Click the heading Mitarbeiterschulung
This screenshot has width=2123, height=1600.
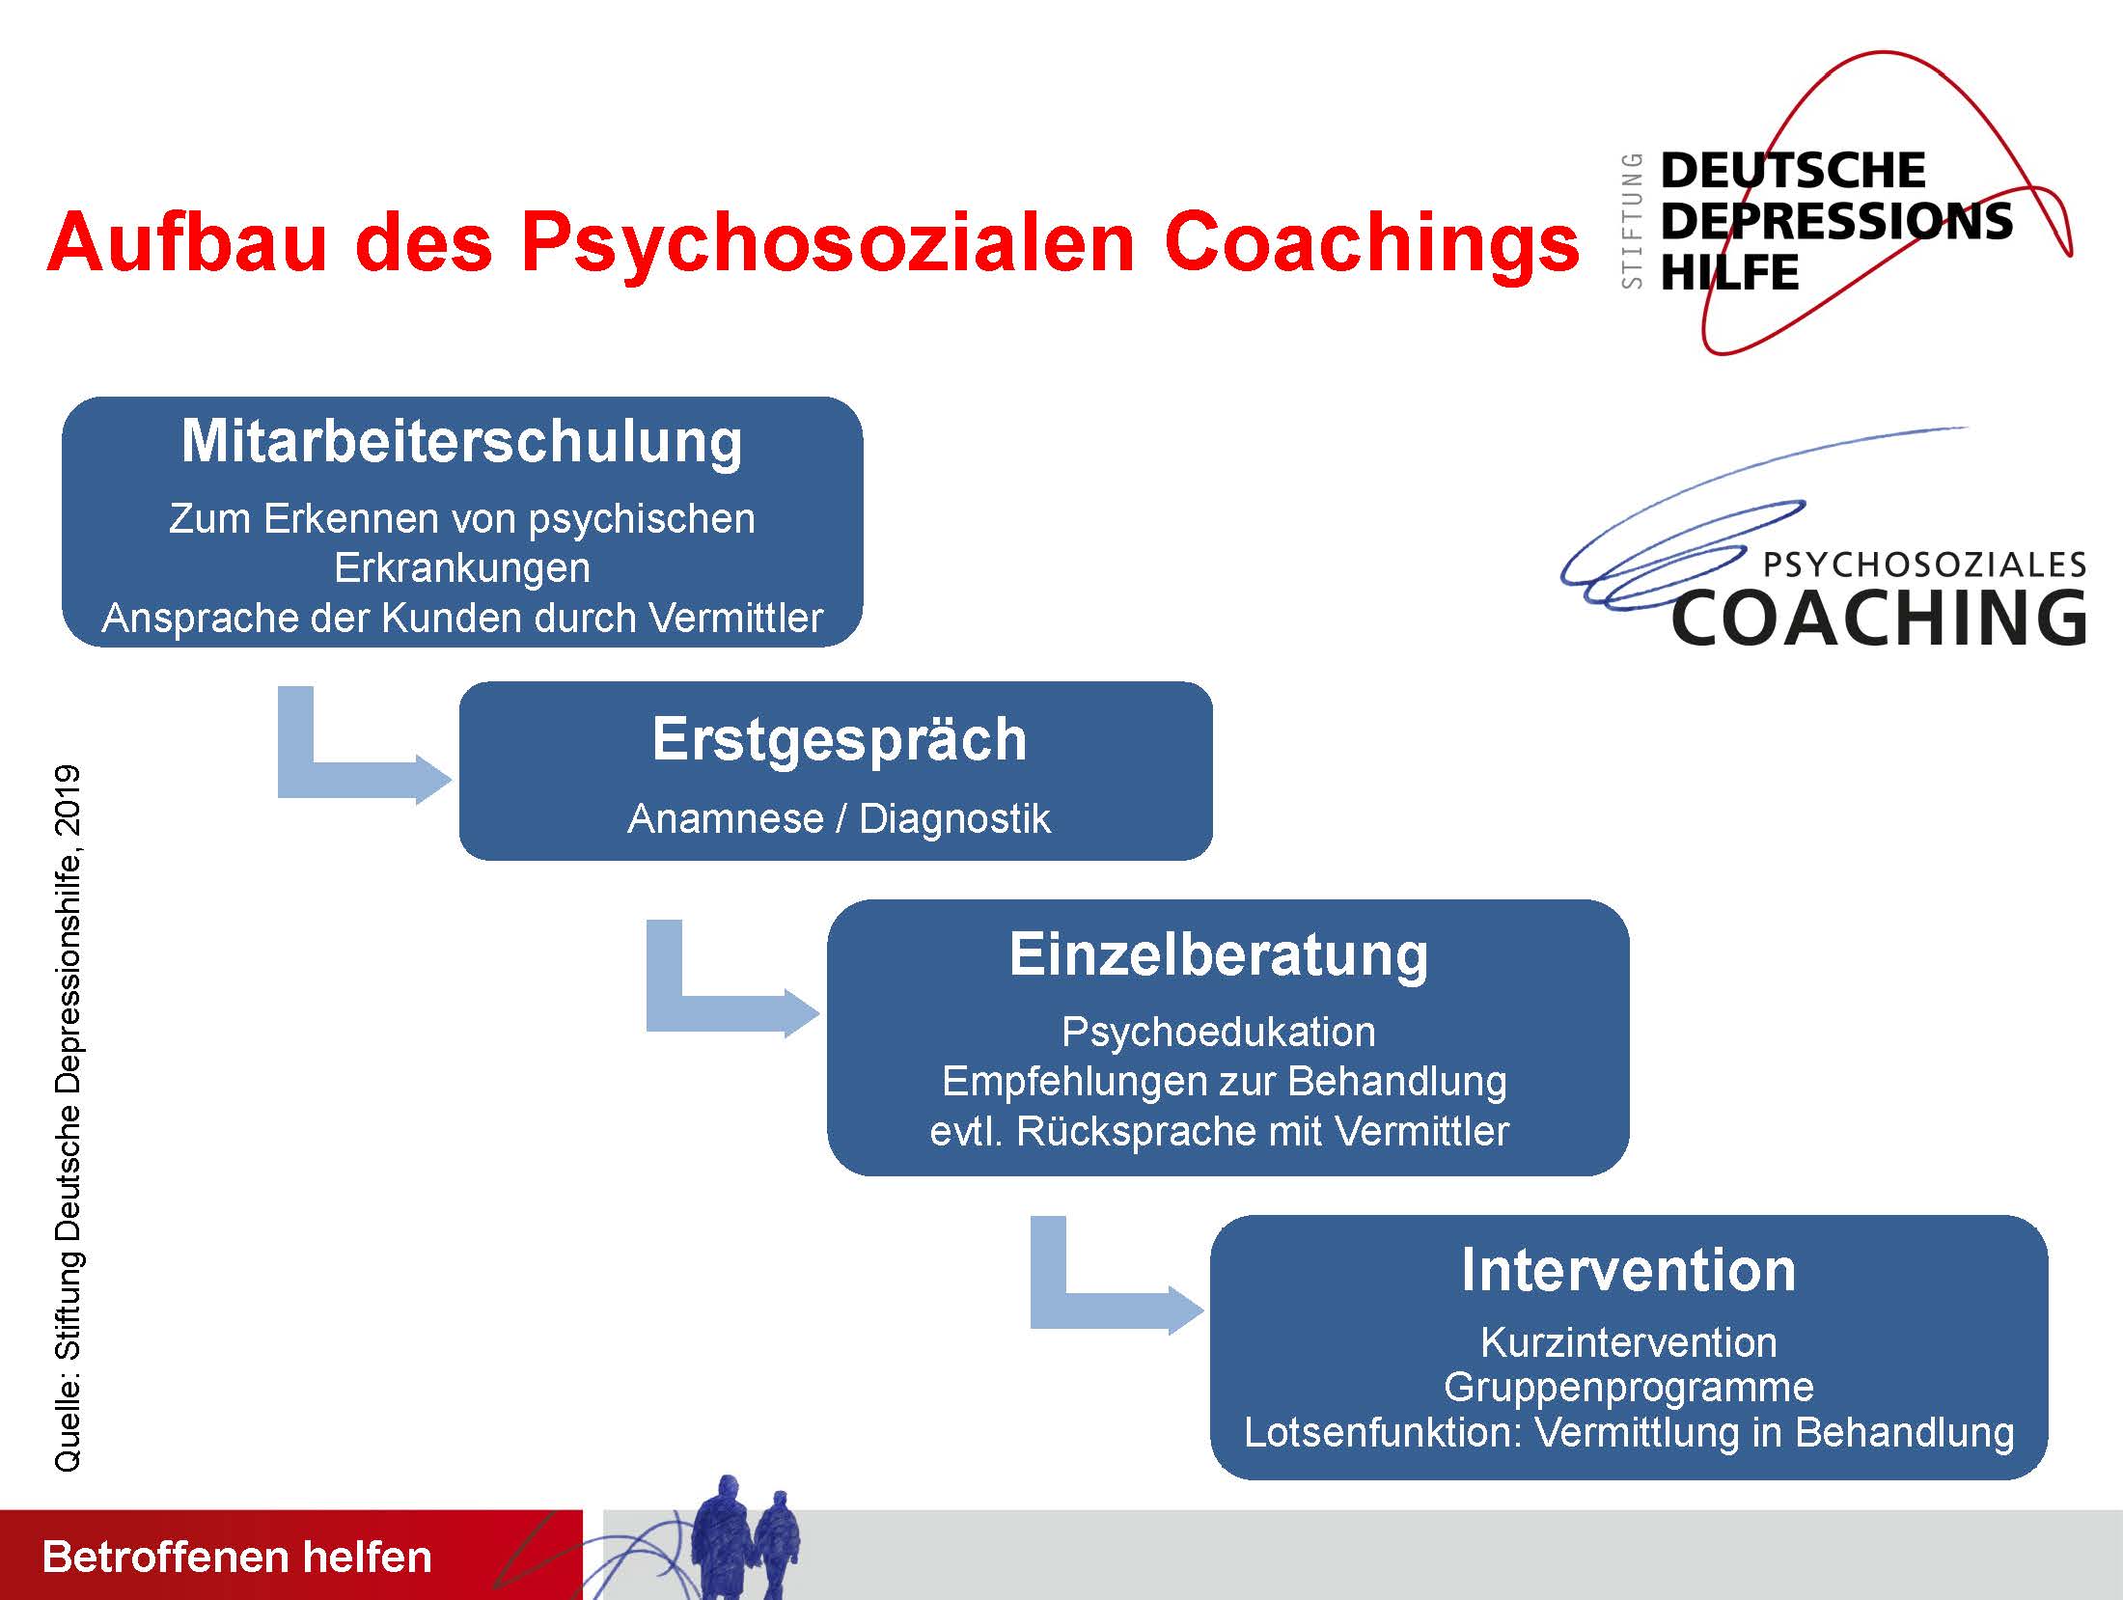pyautogui.click(x=462, y=442)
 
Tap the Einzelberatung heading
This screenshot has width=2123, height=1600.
pyautogui.click(x=1219, y=956)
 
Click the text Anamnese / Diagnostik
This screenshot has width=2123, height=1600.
pyautogui.click(x=839, y=818)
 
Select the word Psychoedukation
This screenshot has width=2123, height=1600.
pyautogui.click(x=1219, y=1033)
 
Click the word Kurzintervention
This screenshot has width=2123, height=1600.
pyautogui.click(x=1629, y=1342)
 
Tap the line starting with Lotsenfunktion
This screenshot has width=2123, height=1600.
pyautogui.click(x=1629, y=1432)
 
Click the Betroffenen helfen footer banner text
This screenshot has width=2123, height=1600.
pyautogui.click(x=237, y=1557)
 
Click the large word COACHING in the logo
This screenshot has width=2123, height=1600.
pyautogui.click(x=1879, y=618)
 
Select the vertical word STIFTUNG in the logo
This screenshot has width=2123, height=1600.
pyautogui.click(x=1632, y=221)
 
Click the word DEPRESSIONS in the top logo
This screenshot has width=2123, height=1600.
pyautogui.click(x=1836, y=221)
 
